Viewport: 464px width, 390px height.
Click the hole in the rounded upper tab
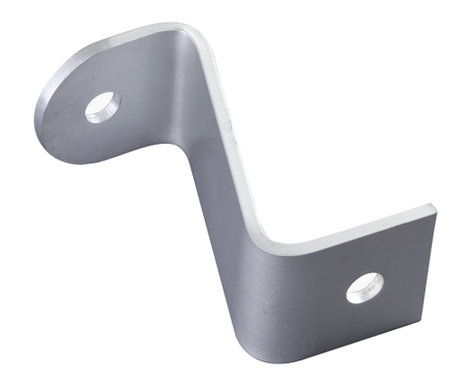pyautogui.click(x=101, y=107)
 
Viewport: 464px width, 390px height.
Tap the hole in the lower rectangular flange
pyautogui.click(x=364, y=288)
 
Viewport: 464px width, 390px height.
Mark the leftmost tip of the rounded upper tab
pyautogui.click(x=36, y=113)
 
